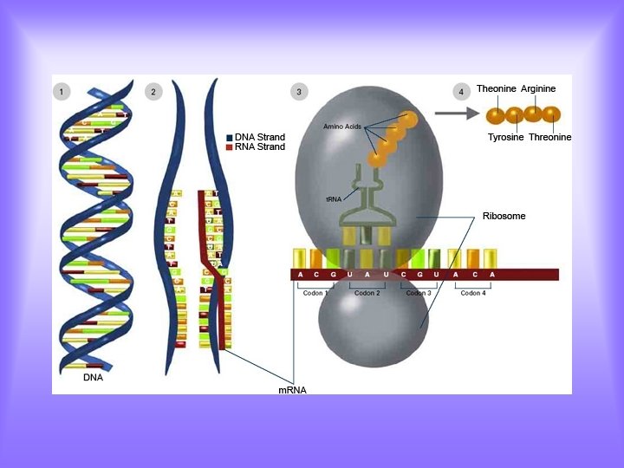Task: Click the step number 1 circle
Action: coord(62,91)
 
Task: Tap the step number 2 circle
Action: coord(153,91)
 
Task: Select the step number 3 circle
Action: coord(299,91)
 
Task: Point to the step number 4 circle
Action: coord(461,91)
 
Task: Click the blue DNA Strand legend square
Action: coord(230,138)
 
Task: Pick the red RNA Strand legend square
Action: coord(230,147)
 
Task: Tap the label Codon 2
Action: coord(367,293)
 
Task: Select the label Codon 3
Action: coord(419,293)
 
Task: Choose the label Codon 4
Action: coord(472,293)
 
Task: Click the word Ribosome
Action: coord(504,216)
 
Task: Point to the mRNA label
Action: coord(292,390)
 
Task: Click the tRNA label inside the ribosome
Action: coord(334,199)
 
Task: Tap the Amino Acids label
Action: coord(341,127)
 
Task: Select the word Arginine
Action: coord(538,89)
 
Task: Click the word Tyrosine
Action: coord(506,138)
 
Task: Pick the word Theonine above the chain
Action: coord(497,89)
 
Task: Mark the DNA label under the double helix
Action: coord(93,378)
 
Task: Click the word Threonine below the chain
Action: coord(550,138)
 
